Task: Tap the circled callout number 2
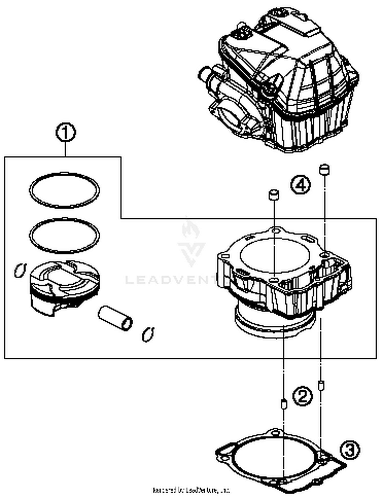(x=302, y=396)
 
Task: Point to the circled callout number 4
(x=301, y=185)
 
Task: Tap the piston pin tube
(x=115, y=318)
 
